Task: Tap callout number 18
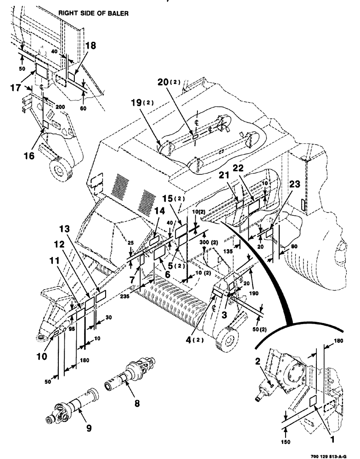point(91,46)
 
